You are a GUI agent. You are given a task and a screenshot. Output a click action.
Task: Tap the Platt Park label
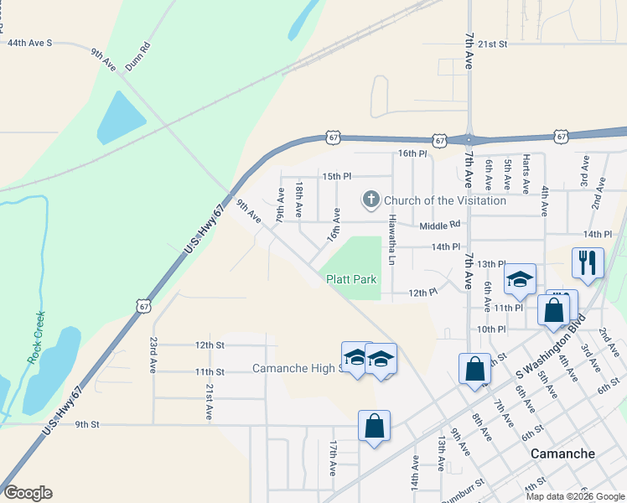(x=351, y=279)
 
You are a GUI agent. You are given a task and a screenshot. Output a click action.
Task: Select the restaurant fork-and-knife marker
(x=588, y=262)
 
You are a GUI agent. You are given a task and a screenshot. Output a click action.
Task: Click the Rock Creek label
(x=35, y=336)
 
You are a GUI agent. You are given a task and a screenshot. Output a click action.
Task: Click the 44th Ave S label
(x=29, y=42)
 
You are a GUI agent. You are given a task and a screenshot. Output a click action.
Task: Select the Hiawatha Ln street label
(x=391, y=236)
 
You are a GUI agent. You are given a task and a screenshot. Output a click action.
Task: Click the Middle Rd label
(x=441, y=225)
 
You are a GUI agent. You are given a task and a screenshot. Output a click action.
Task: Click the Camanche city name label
(x=563, y=454)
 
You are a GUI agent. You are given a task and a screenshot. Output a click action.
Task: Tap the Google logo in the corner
(x=28, y=493)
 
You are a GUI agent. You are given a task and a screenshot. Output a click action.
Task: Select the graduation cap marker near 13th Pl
(x=520, y=278)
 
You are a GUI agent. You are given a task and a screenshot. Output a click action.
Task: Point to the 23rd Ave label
(x=153, y=355)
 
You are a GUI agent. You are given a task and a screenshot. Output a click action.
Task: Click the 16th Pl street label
(x=412, y=153)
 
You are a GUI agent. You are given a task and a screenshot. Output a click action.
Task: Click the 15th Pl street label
(x=337, y=176)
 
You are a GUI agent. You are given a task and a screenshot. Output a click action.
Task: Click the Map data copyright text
(x=575, y=496)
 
